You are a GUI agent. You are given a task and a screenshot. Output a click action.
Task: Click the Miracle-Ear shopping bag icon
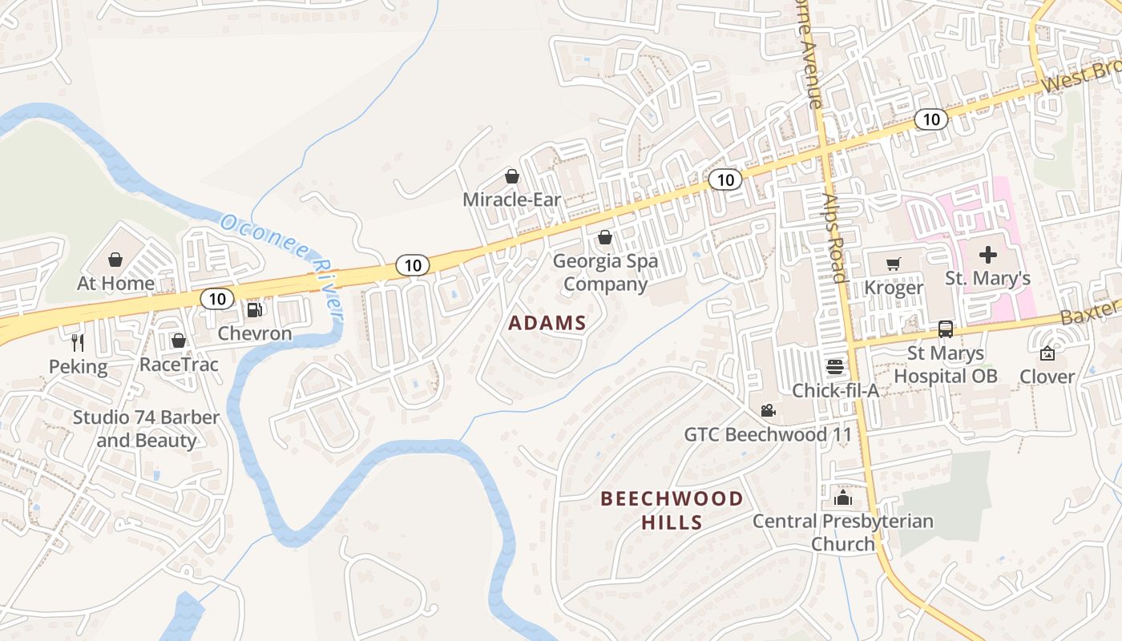[x=511, y=175]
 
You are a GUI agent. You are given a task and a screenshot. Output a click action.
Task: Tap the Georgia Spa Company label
[x=605, y=272]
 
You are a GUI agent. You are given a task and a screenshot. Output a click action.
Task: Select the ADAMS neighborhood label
[x=547, y=324]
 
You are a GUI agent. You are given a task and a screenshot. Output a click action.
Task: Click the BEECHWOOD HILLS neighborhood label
[x=672, y=510]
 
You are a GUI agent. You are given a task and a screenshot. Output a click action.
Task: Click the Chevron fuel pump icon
[x=254, y=309]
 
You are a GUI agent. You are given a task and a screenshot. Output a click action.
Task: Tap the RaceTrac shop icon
[x=178, y=341]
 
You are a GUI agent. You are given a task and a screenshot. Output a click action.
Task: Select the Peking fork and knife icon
[x=78, y=343]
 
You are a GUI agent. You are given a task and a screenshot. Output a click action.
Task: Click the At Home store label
[x=115, y=283]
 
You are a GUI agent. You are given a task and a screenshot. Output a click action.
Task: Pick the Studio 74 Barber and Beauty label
[x=146, y=429]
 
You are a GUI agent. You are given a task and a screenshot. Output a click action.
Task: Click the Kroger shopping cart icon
[x=894, y=264]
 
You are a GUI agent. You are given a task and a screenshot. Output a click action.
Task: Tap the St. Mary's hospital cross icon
[x=987, y=255]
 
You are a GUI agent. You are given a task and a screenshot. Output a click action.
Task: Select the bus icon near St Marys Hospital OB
[x=946, y=329]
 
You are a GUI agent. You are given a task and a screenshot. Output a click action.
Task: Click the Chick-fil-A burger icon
[x=835, y=367]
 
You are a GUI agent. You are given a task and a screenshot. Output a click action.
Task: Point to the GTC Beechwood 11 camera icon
[x=768, y=411]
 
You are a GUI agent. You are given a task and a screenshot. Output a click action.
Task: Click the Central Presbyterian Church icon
[x=842, y=498]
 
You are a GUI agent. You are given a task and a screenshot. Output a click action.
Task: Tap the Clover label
[x=1047, y=376]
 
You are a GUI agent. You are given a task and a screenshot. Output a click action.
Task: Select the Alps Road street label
[x=834, y=237]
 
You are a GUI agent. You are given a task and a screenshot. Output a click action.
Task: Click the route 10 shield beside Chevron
[x=217, y=299]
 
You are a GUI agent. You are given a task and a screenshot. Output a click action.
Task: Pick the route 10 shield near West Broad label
[x=930, y=119]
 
